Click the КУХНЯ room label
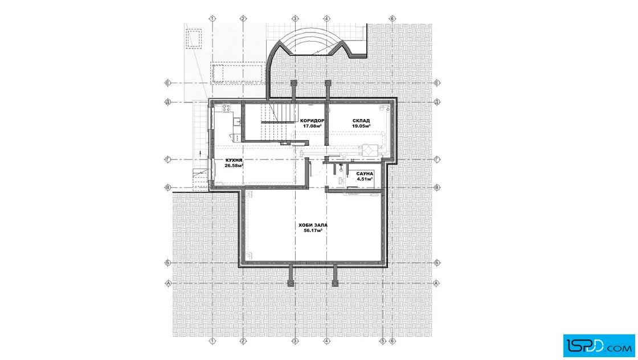tap(234, 160)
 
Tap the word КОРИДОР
tap(312, 121)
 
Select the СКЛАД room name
tap(361, 121)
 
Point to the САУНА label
tap(365, 174)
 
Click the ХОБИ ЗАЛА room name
tap(313, 225)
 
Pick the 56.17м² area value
tap(313, 231)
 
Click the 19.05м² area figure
tap(361, 126)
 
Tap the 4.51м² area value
tap(365, 179)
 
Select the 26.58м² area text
tap(234, 166)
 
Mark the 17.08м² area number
tap(312, 126)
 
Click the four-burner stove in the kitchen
tap(226, 108)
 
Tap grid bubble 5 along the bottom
tap(382, 341)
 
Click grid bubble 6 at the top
tap(392, 19)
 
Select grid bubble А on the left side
tap(168, 283)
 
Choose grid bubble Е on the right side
tap(437, 83)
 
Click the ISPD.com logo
tap(599, 346)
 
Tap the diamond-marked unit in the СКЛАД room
tap(370, 150)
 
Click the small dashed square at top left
tap(194, 39)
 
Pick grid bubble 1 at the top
tap(212, 19)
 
